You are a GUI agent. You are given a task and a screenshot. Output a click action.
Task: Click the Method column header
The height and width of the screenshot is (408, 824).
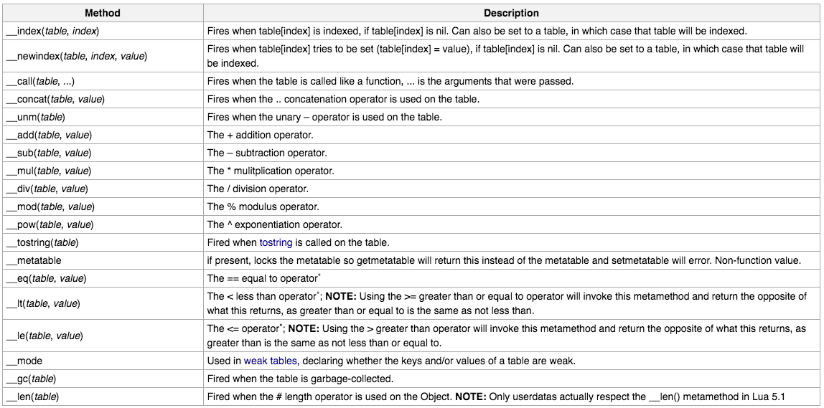point(103,13)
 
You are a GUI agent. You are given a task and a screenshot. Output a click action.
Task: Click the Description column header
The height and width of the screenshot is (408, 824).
point(511,13)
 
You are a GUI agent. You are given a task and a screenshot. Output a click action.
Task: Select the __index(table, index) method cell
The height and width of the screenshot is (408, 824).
point(52,32)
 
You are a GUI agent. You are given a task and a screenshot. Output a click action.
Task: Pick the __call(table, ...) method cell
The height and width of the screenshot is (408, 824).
point(46,81)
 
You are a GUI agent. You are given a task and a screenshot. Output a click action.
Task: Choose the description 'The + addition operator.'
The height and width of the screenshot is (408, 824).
point(260,135)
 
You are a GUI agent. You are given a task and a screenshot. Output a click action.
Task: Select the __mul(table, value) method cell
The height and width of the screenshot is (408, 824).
point(49,171)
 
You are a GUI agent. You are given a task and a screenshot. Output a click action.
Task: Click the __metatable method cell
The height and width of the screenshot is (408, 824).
point(34,260)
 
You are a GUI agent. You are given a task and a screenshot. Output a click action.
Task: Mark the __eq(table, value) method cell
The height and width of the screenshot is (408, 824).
point(47,278)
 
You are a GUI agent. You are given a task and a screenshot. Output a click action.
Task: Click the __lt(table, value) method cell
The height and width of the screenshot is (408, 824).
point(44,303)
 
